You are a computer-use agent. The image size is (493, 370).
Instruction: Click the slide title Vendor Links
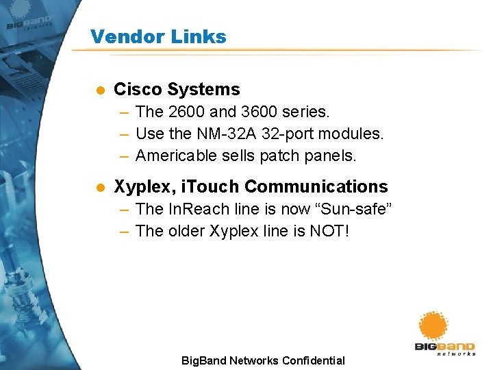coord(158,36)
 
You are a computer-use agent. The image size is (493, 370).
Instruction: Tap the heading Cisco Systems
coord(177,89)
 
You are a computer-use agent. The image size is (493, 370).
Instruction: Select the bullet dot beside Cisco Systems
coord(99,90)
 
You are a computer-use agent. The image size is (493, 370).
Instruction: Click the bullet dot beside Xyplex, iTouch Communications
coord(99,187)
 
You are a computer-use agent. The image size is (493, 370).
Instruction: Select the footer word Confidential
coord(313,360)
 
